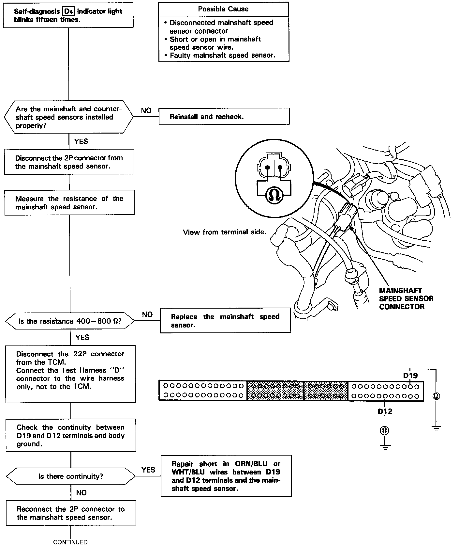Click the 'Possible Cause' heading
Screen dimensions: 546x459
tap(223, 9)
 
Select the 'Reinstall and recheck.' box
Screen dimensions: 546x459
tap(224, 117)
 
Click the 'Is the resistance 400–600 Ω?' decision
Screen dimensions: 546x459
tap(70, 321)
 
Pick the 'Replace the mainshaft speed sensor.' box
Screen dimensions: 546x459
tap(225, 321)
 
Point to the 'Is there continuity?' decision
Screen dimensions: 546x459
tap(71, 476)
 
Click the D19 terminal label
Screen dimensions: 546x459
tap(410, 376)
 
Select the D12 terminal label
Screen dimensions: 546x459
tap(385, 411)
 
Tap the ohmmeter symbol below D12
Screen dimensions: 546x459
tap(385, 430)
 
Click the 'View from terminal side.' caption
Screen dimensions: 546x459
tap(225, 232)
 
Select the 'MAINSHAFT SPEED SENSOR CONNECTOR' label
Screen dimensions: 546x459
tap(406, 298)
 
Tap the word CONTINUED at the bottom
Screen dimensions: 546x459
tap(70, 542)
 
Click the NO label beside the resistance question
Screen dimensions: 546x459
tap(147, 314)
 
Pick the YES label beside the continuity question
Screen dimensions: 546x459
tap(148, 470)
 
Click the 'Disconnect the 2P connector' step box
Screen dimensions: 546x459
tap(69, 162)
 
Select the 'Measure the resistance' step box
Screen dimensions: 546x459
tap(69, 203)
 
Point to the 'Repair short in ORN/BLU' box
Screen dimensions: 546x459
tap(226, 476)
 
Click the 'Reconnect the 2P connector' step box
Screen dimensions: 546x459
tap(71, 513)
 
